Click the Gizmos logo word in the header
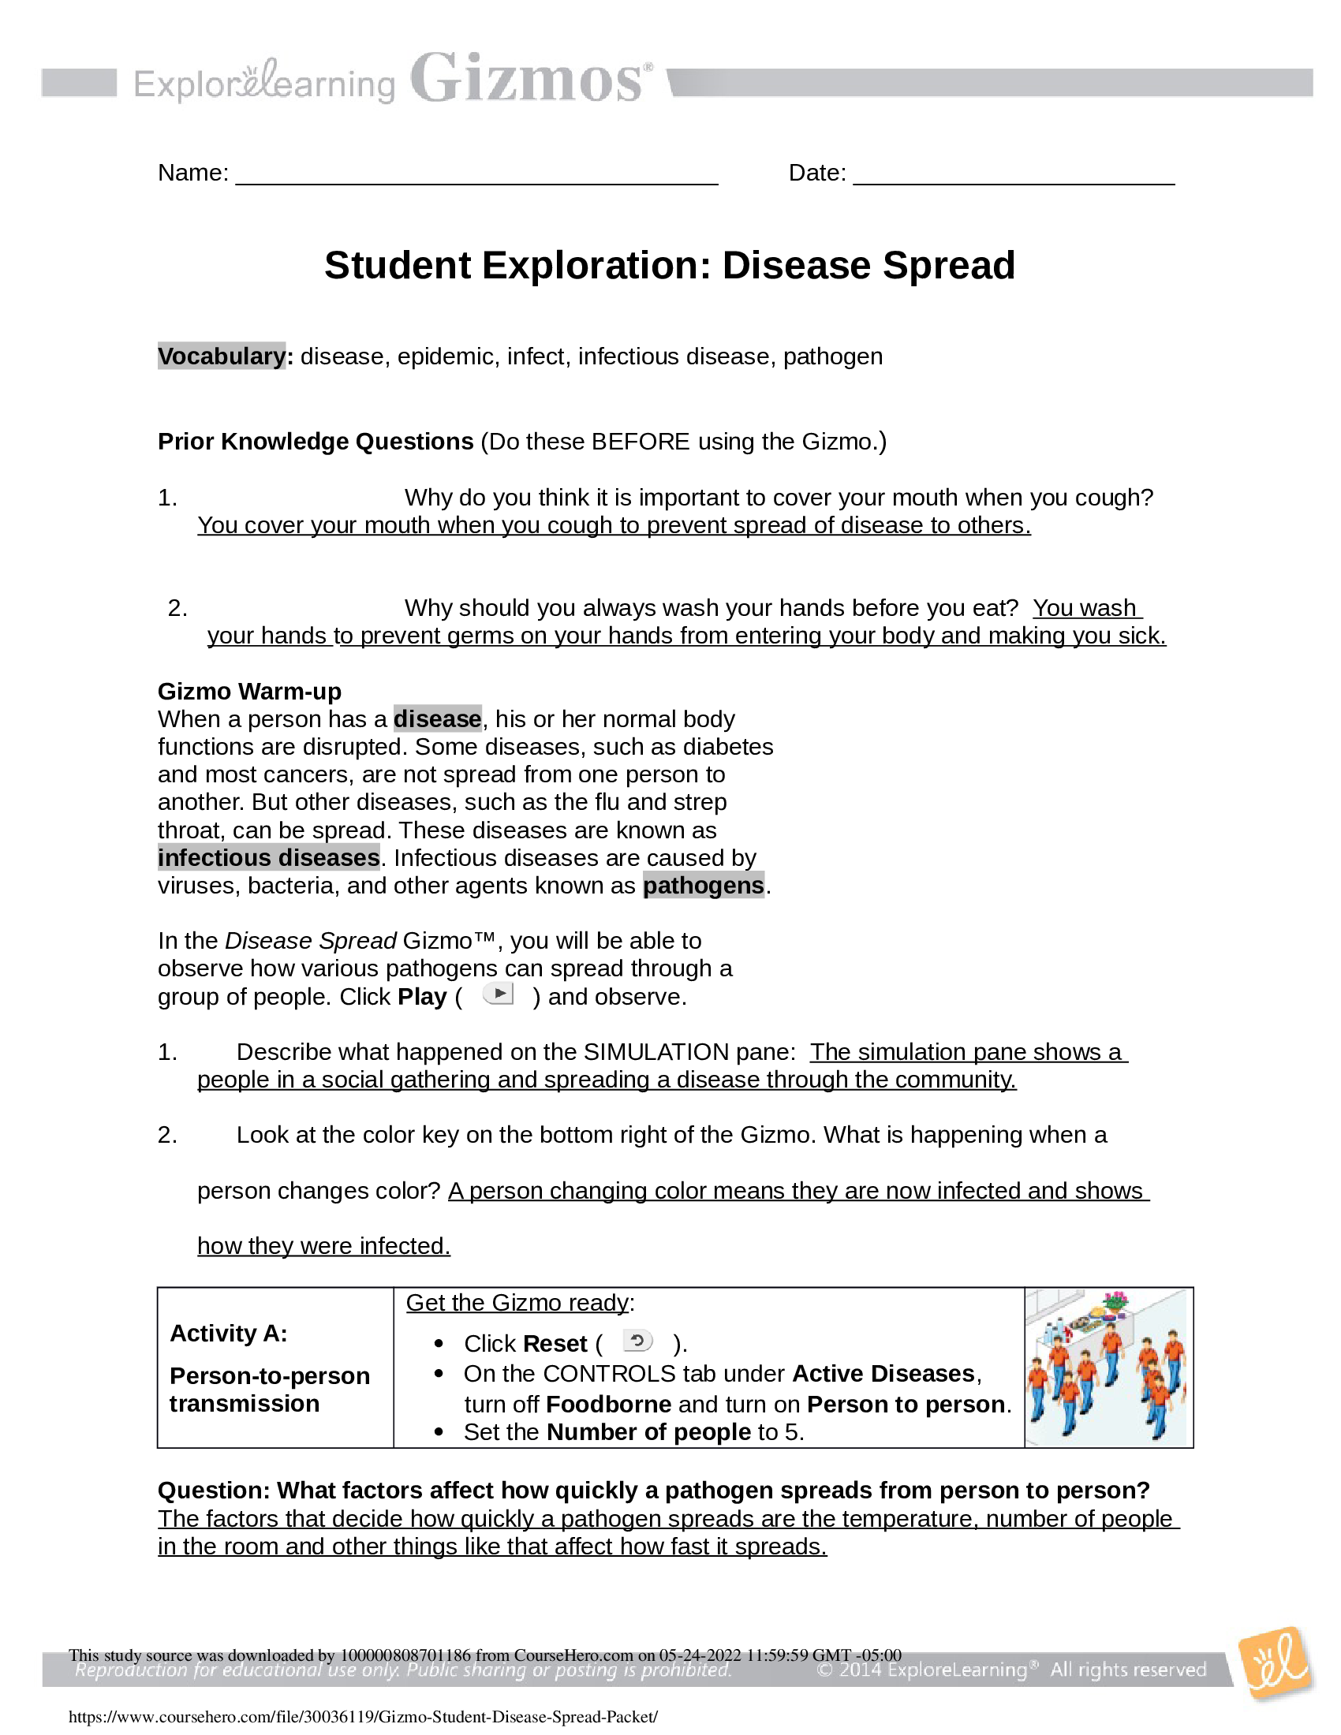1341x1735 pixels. tap(529, 80)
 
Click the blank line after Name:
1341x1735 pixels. tap(476, 175)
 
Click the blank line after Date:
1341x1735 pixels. tap(1013, 175)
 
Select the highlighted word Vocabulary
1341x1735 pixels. tap(221, 356)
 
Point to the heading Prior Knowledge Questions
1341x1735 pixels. tap(316, 442)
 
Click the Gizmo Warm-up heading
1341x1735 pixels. tap(249, 691)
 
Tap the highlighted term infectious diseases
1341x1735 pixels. tap(268, 858)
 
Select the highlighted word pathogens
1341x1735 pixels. tap(703, 885)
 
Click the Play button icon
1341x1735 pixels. tap(499, 994)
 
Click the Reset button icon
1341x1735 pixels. tap(637, 1341)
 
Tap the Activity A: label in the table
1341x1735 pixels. tap(229, 1333)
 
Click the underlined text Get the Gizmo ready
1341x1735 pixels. tap(517, 1303)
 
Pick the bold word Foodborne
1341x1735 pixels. tap(608, 1404)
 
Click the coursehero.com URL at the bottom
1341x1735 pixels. tap(363, 1717)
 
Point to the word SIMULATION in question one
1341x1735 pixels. tap(656, 1052)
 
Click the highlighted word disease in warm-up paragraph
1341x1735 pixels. tap(438, 719)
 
